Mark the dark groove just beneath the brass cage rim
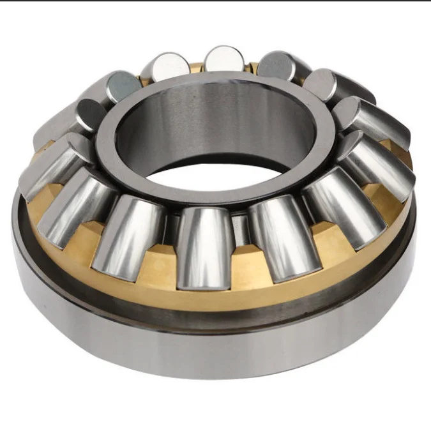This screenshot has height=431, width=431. [211, 315]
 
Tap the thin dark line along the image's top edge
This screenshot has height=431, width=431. [215, 1]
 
